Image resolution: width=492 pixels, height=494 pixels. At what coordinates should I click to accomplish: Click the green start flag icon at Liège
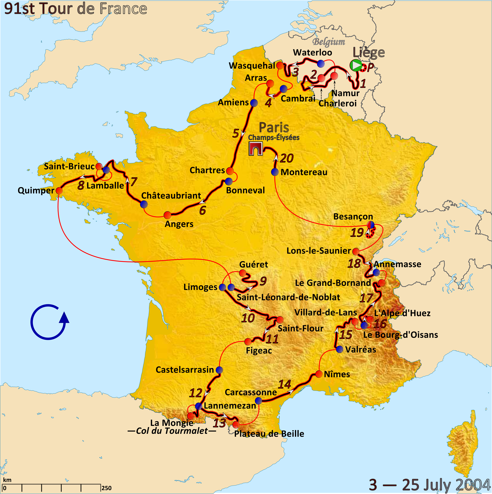356,66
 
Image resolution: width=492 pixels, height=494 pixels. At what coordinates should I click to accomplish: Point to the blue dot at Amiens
254,103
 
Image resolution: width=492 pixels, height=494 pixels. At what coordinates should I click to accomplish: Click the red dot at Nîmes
319,374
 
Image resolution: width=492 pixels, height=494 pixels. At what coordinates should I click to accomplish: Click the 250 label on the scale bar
106,488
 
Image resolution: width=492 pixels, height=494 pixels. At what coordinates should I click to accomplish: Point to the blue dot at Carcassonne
258,401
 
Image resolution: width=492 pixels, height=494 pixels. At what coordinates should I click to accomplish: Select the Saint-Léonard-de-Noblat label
288,297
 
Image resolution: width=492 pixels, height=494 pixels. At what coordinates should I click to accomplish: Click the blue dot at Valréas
339,349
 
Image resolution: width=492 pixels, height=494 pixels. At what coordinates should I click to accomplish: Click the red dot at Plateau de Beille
236,425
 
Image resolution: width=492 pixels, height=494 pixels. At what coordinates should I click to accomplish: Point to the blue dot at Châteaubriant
144,204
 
